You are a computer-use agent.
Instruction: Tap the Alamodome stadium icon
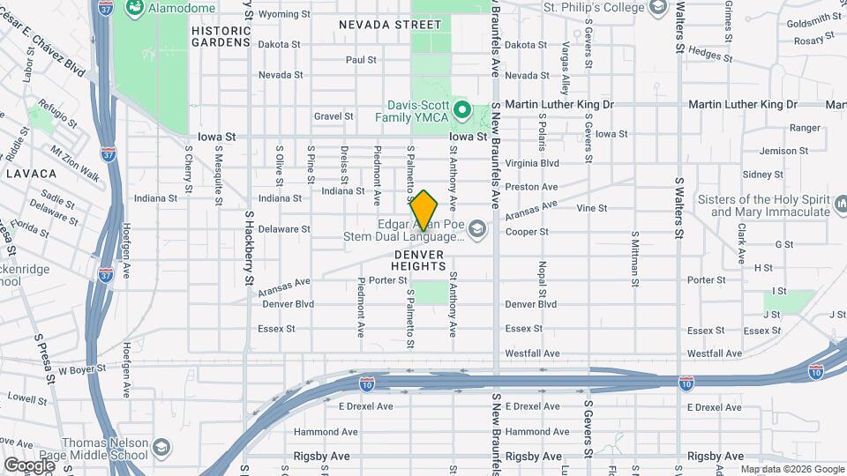(x=135, y=9)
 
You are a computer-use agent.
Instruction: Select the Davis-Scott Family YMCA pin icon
(x=461, y=112)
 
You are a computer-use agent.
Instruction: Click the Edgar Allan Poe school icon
(x=477, y=229)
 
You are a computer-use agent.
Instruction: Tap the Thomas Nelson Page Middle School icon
(x=161, y=448)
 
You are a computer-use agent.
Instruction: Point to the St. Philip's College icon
(x=657, y=8)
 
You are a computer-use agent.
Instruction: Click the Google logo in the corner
(x=29, y=464)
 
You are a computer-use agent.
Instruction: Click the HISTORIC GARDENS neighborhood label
(x=221, y=35)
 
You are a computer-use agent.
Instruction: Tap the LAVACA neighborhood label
(x=31, y=174)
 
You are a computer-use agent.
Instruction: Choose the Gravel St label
(x=334, y=115)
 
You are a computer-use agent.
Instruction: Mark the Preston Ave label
(x=532, y=187)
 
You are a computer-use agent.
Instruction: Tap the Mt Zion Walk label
(x=75, y=162)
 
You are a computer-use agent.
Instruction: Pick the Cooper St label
(x=527, y=232)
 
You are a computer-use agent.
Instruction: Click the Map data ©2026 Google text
(x=791, y=469)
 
